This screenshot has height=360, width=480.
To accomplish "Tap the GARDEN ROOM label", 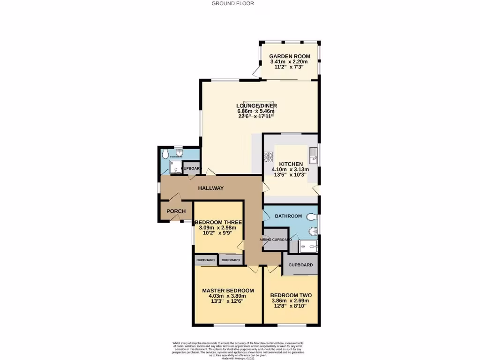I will point(289,56).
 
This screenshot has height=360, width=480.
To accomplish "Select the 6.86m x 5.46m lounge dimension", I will point(256,111).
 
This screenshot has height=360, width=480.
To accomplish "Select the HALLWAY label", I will point(210,188).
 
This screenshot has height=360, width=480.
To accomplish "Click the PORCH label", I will point(176,211).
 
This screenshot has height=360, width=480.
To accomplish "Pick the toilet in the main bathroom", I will point(312,217).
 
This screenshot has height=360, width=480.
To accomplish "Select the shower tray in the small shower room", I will point(175,166).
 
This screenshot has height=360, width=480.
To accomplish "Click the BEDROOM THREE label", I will point(218,222).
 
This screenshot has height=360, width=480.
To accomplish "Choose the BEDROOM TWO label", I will point(291,295).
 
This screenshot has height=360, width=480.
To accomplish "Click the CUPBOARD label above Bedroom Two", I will point(300,265).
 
